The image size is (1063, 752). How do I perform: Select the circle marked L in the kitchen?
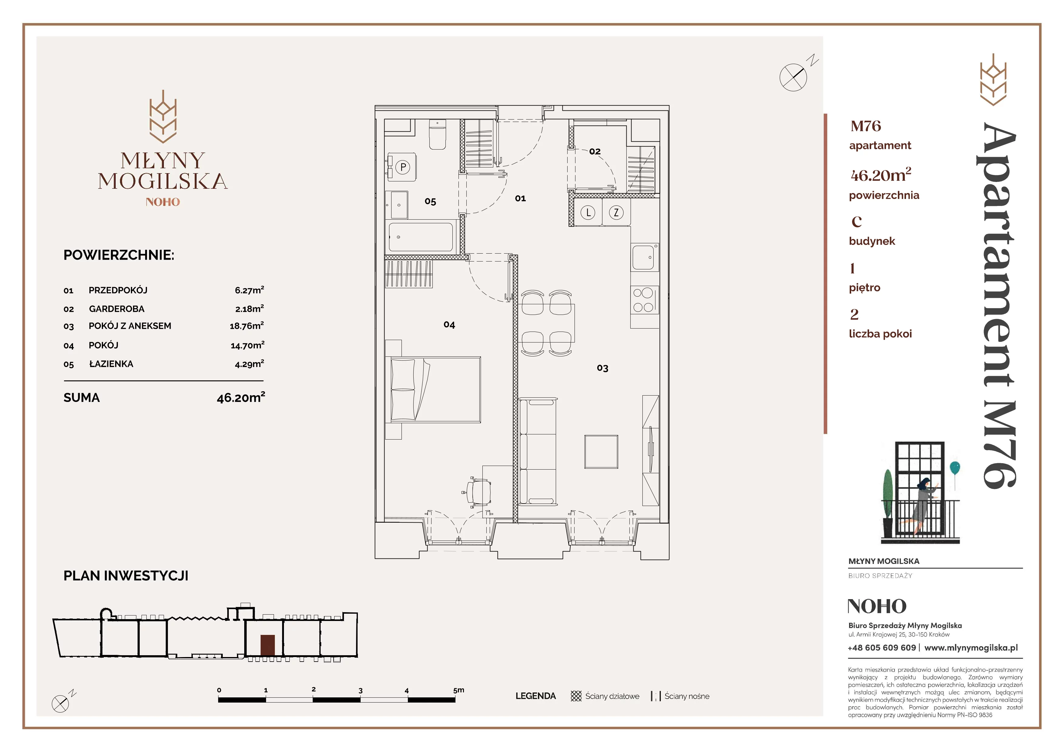(x=588, y=213)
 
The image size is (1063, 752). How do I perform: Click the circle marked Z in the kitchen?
(x=616, y=213)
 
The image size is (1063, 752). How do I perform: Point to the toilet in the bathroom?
(x=438, y=134)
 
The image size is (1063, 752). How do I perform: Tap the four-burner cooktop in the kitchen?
(x=644, y=300)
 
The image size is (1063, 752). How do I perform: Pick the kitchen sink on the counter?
(x=644, y=258)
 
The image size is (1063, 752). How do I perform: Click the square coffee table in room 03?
(x=601, y=452)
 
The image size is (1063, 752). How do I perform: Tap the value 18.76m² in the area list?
(x=247, y=326)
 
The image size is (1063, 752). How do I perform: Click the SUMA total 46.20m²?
(x=241, y=398)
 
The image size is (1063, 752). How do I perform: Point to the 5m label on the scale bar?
(x=458, y=690)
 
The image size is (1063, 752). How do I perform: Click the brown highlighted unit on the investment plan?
(x=268, y=645)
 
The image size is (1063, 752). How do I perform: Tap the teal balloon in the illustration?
(x=954, y=468)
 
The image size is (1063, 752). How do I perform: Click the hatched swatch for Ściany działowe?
(x=576, y=696)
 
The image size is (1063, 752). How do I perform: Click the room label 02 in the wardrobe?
(x=595, y=151)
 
